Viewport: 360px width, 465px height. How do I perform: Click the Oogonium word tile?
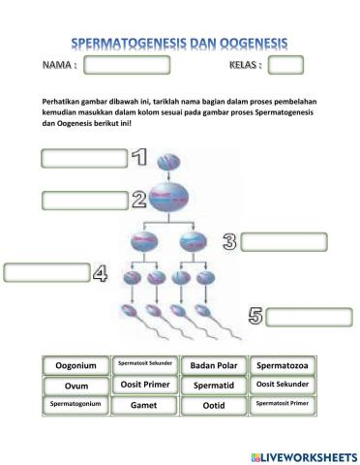pyautogui.click(x=76, y=365)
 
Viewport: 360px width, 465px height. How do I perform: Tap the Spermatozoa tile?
pyautogui.click(x=283, y=365)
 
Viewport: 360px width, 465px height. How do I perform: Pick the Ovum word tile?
pyautogui.click(x=76, y=385)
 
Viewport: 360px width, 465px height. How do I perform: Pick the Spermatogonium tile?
pyautogui.click(x=76, y=404)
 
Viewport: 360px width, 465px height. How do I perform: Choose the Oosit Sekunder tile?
pyautogui.click(x=283, y=385)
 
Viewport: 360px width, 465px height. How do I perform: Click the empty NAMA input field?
pyautogui.click(x=127, y=66)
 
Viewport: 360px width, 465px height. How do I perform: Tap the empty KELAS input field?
pyautogui.click(x=285, y=66)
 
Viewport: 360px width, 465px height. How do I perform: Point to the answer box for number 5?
pyautogui.click(x=309, y=316)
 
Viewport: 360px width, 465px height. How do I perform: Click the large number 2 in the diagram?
pyautogui.click(x=138, y=201)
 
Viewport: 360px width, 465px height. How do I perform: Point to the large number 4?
pyautogui.click(x=99, y=274)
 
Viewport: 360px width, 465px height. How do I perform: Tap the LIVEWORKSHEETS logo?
pyautogui.click(x=302, y=454)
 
